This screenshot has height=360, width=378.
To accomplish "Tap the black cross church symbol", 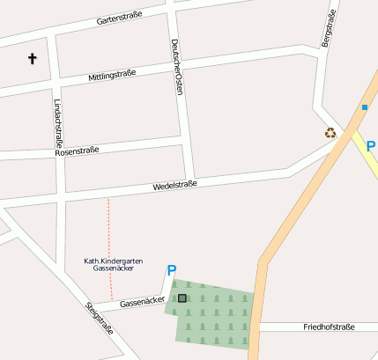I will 33,59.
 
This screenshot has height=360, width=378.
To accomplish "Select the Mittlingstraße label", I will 112,76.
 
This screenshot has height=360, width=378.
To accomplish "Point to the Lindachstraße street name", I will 58,122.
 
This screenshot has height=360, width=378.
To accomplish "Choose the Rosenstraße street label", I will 77,151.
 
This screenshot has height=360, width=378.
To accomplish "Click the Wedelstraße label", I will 174,185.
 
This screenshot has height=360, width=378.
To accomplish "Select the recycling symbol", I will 330,133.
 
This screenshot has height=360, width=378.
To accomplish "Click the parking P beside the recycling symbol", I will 371,147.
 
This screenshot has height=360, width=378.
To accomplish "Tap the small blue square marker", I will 364,107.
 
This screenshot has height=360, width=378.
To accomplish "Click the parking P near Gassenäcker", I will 172,271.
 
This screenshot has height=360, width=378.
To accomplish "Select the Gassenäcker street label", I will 142,301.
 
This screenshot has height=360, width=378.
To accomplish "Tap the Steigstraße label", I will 100,320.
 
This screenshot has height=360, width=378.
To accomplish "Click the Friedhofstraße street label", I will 328,327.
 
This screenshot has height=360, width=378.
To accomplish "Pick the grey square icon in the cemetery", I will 182,298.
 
